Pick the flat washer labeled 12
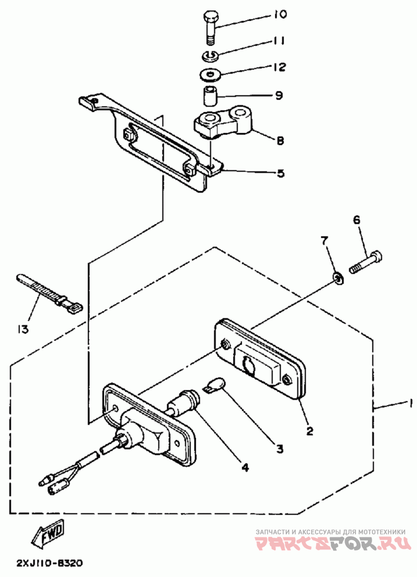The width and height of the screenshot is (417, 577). point(211,75)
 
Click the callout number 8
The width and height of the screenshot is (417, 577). point(280,141)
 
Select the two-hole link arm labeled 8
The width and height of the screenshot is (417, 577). point(224,123)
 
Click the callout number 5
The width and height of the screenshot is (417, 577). point(281,173)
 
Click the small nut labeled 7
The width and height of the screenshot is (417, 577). point(337,279)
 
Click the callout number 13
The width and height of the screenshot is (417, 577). point(22,329)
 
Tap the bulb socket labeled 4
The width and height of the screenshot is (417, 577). point(183,401)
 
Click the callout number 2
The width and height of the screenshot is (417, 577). point(310,431)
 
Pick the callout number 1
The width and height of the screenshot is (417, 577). point(408,404)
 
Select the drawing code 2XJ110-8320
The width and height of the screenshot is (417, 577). point(49,563)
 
